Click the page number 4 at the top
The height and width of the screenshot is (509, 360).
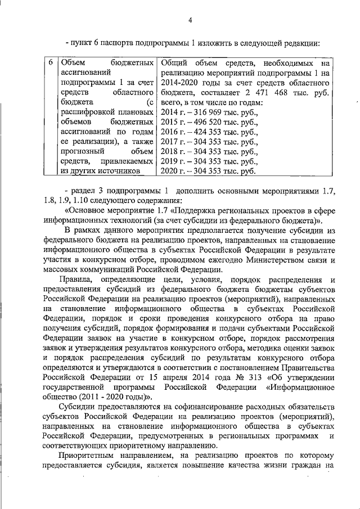pyautogui.click(x=190, y=21)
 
